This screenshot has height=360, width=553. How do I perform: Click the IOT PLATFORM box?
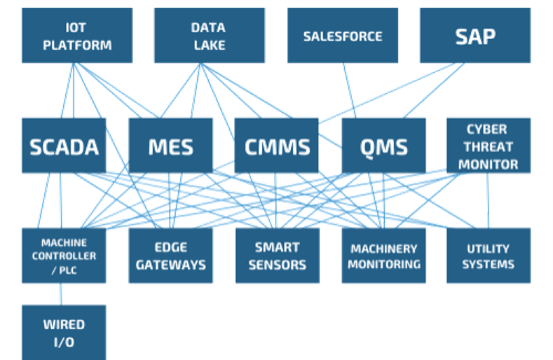pyautogui.click(x=77, y=36)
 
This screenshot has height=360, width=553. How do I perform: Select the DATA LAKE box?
pyautogui.click(x=209, y=36)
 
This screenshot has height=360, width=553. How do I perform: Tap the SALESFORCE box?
pyautogui.click(x=343, y=36)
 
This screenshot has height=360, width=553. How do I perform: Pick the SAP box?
pyautogui.click(x=475, y=36)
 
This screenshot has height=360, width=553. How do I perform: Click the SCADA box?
pyautogui.click(x=64, y=146)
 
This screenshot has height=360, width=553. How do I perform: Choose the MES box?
pyautogui.click(x=170, y=146)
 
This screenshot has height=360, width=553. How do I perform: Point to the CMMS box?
pyautogui.click(x=276, y=146)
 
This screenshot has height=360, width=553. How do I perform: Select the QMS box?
pyautogui.click(x=383, y=146)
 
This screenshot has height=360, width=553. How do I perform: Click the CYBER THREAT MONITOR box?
pyautogui.click(x=488, y=146)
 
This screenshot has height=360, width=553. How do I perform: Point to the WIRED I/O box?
pyautogui.click(x=64, y=333)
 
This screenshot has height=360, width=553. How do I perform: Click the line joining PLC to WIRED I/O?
pyautogui.click(x=61, y=294)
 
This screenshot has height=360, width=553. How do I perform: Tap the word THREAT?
pyautogui.click(x=489, y=147)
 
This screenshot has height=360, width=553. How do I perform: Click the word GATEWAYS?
pyautogui.click(x=171, y=265)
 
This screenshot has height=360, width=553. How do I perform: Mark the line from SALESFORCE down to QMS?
pyautogui.click(x=350, y=91)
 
